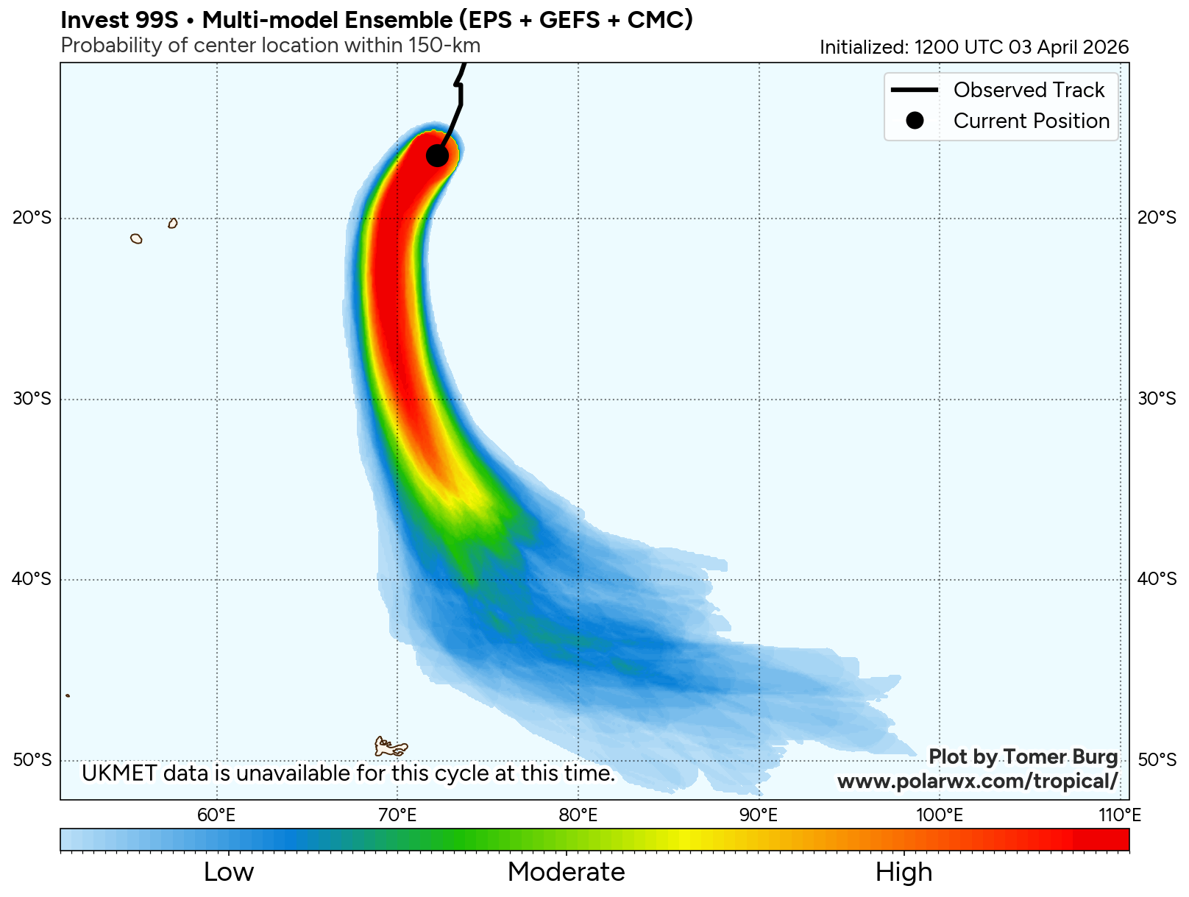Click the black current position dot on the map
[x=437, y=156]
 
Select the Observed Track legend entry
[x=1028, y=90]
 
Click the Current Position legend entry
[x=1031, y=121]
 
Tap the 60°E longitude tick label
[x=217, y=815]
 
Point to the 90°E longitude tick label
[x=759, y=815]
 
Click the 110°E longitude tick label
[x=1120, y=815]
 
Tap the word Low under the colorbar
[x=229, y=872]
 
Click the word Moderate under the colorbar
[x=566, y=872]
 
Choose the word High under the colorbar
[x=904, y=872]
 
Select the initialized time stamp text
[x=974, y=47]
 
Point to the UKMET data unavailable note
[x=348, y=773]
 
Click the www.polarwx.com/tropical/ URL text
[x=977, y=781]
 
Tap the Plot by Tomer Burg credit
[x=1023, y=757]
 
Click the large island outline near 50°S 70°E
[x=389, y=747]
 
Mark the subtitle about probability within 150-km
[x=270, y=46]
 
